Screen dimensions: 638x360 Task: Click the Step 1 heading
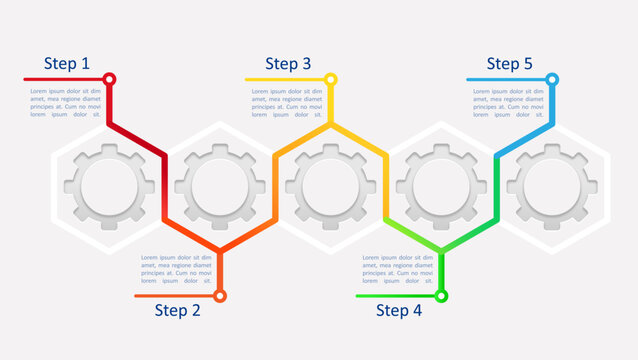click(66, 64)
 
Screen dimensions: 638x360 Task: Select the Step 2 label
click(177, 310)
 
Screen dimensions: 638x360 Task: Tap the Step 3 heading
click(288, 64)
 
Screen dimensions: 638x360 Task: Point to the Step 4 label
click(399, 310)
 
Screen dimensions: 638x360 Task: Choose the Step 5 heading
click(509, 64)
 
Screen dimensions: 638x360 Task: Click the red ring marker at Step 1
click(110, 79)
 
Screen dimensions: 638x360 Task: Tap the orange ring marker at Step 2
click(220, 295)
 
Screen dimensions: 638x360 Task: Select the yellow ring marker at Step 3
click(331, 79)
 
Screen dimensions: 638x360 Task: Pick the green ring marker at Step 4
click(441, 295)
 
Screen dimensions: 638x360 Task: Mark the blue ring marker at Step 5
click(552, 79)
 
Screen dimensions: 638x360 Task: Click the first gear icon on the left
click(109, 187)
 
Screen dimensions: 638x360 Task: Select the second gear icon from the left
click(220, 187)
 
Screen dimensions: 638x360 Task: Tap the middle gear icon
click(331, 187)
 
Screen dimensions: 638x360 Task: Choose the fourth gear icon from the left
click(441, 187)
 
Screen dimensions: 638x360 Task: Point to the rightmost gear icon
click(552, 187)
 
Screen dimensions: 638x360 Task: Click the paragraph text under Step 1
click(65, 103)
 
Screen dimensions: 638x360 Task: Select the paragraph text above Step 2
click(176, 269)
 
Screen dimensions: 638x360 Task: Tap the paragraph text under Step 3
click(287, 103)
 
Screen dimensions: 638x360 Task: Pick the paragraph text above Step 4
click(397, 269)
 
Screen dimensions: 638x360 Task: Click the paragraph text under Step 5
click(508, 103)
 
